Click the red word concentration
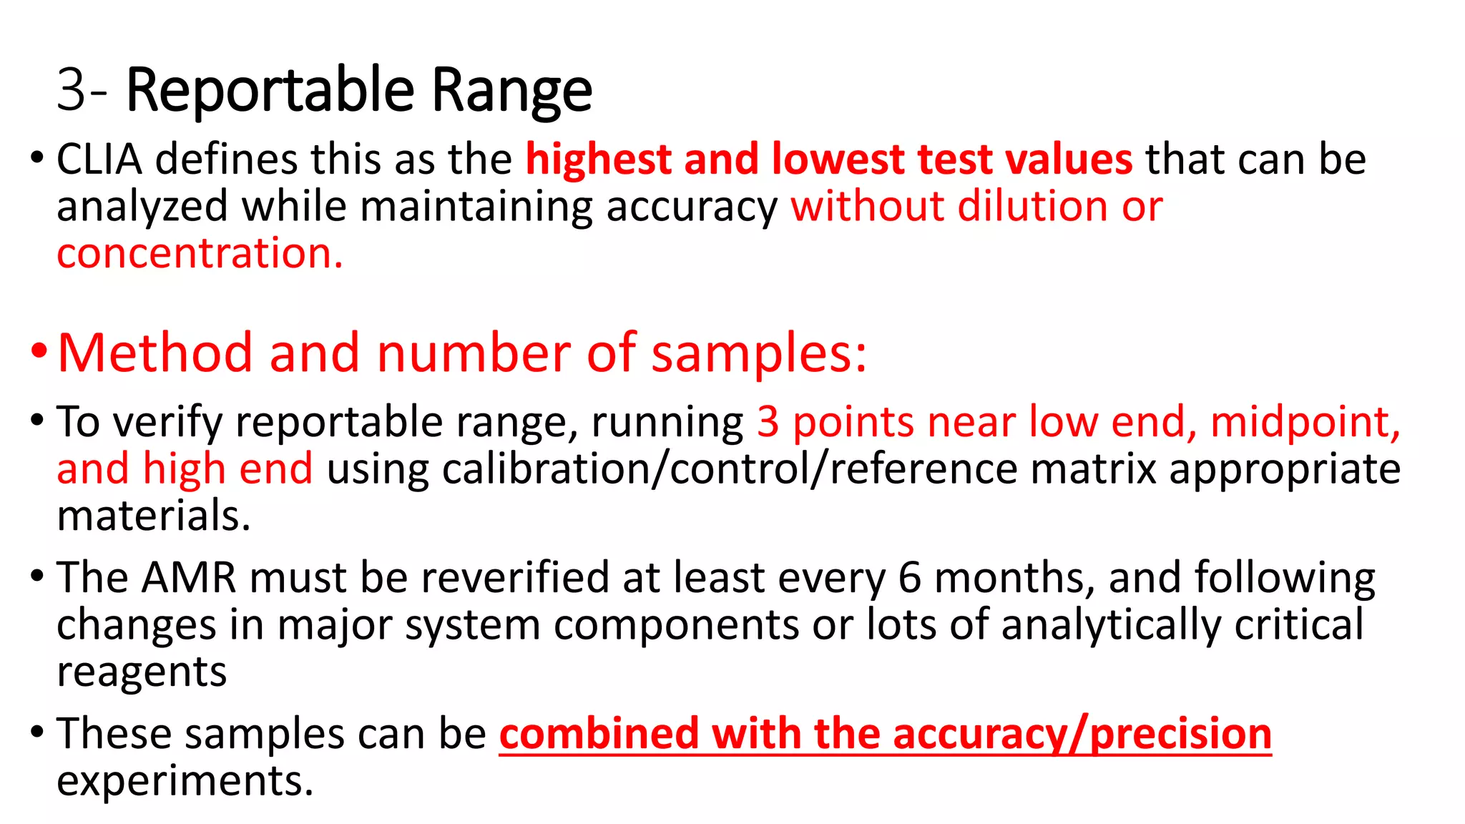pos(200,253)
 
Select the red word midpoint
pos(1305,421)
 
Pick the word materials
pos(154,516)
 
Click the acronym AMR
pos(189,577)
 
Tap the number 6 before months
pos(909,577)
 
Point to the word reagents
pos(142,672)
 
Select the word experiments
pos(185,780)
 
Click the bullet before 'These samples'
pos(37,732)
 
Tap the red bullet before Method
pos(39,351)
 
